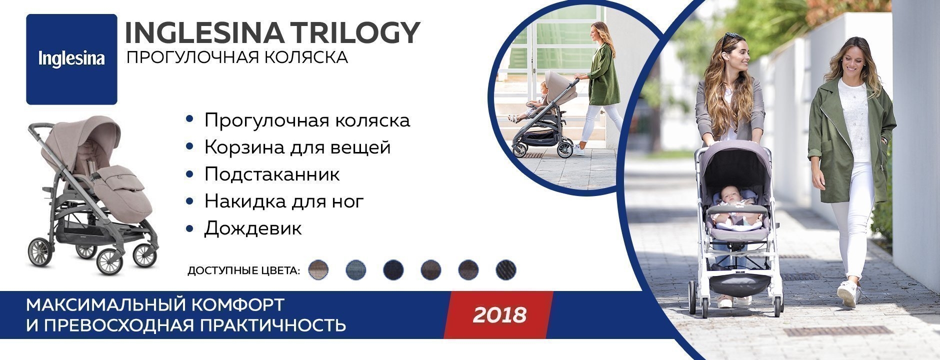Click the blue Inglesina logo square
71,59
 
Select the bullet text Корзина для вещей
297,147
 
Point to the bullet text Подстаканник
272,174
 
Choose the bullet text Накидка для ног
284,201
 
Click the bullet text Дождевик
253,228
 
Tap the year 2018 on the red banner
500,315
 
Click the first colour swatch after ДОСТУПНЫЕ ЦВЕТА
319,270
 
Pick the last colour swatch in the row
506,270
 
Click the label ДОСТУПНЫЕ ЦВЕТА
244,271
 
